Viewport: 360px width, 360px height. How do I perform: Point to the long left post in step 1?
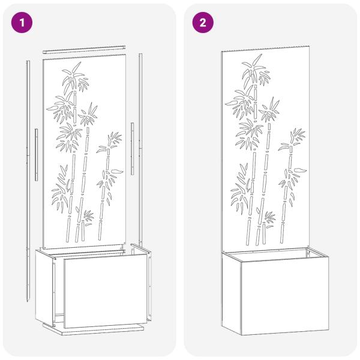pos(29,180)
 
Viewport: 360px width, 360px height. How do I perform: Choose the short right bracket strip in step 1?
pos(131,143)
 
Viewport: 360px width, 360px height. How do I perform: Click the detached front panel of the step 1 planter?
pos(105,291)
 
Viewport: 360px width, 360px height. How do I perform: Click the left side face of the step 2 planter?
pos(226,291)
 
